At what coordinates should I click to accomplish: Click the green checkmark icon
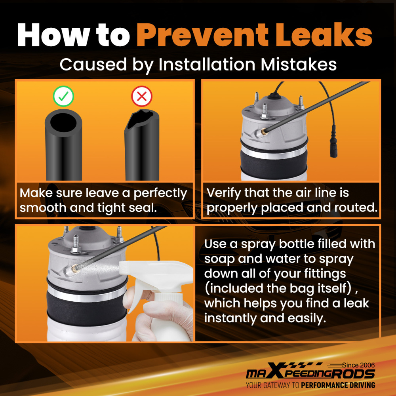coord(63,96)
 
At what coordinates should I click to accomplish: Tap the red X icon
coord(142,96)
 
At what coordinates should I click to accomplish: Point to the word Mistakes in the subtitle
coord(299,65)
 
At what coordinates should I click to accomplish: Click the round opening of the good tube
coord(63,122)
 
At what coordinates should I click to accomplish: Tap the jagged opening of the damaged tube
coord(141,119)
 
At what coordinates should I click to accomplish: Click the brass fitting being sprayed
coord(75,269)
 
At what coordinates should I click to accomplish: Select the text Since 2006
coord(358,365)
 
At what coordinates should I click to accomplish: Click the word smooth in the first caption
coord(43,208)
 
